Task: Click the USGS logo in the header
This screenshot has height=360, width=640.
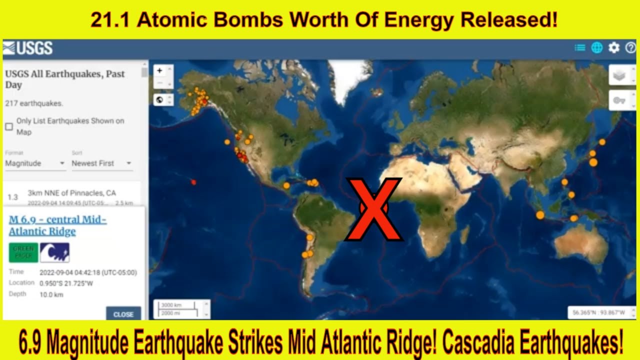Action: point(27,48)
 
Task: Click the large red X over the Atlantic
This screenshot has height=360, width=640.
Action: point(374,209)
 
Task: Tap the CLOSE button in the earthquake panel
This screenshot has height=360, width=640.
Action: point(123,314)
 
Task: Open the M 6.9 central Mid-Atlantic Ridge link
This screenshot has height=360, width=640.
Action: point(57,225)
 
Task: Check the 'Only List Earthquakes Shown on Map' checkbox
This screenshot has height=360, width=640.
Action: point(9,126)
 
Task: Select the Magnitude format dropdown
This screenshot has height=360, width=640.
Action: point(35,163)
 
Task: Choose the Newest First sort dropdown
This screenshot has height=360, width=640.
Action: point(101,163)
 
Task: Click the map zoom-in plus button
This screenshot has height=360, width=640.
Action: point(159,70)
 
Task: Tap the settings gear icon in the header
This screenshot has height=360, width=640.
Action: point(613,48)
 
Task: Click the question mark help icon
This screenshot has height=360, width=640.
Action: point(630,48)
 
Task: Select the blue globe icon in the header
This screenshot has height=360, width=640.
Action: point(596,48)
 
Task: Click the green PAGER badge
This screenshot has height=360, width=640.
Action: point(23,252)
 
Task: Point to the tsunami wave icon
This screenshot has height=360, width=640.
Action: point(54,252)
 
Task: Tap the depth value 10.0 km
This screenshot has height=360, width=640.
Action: point(51,294)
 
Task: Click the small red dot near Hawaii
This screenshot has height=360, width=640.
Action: point(193,182)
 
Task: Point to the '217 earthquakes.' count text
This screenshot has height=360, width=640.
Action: point(34,103)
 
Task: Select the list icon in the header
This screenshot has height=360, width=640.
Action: point(579,48)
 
